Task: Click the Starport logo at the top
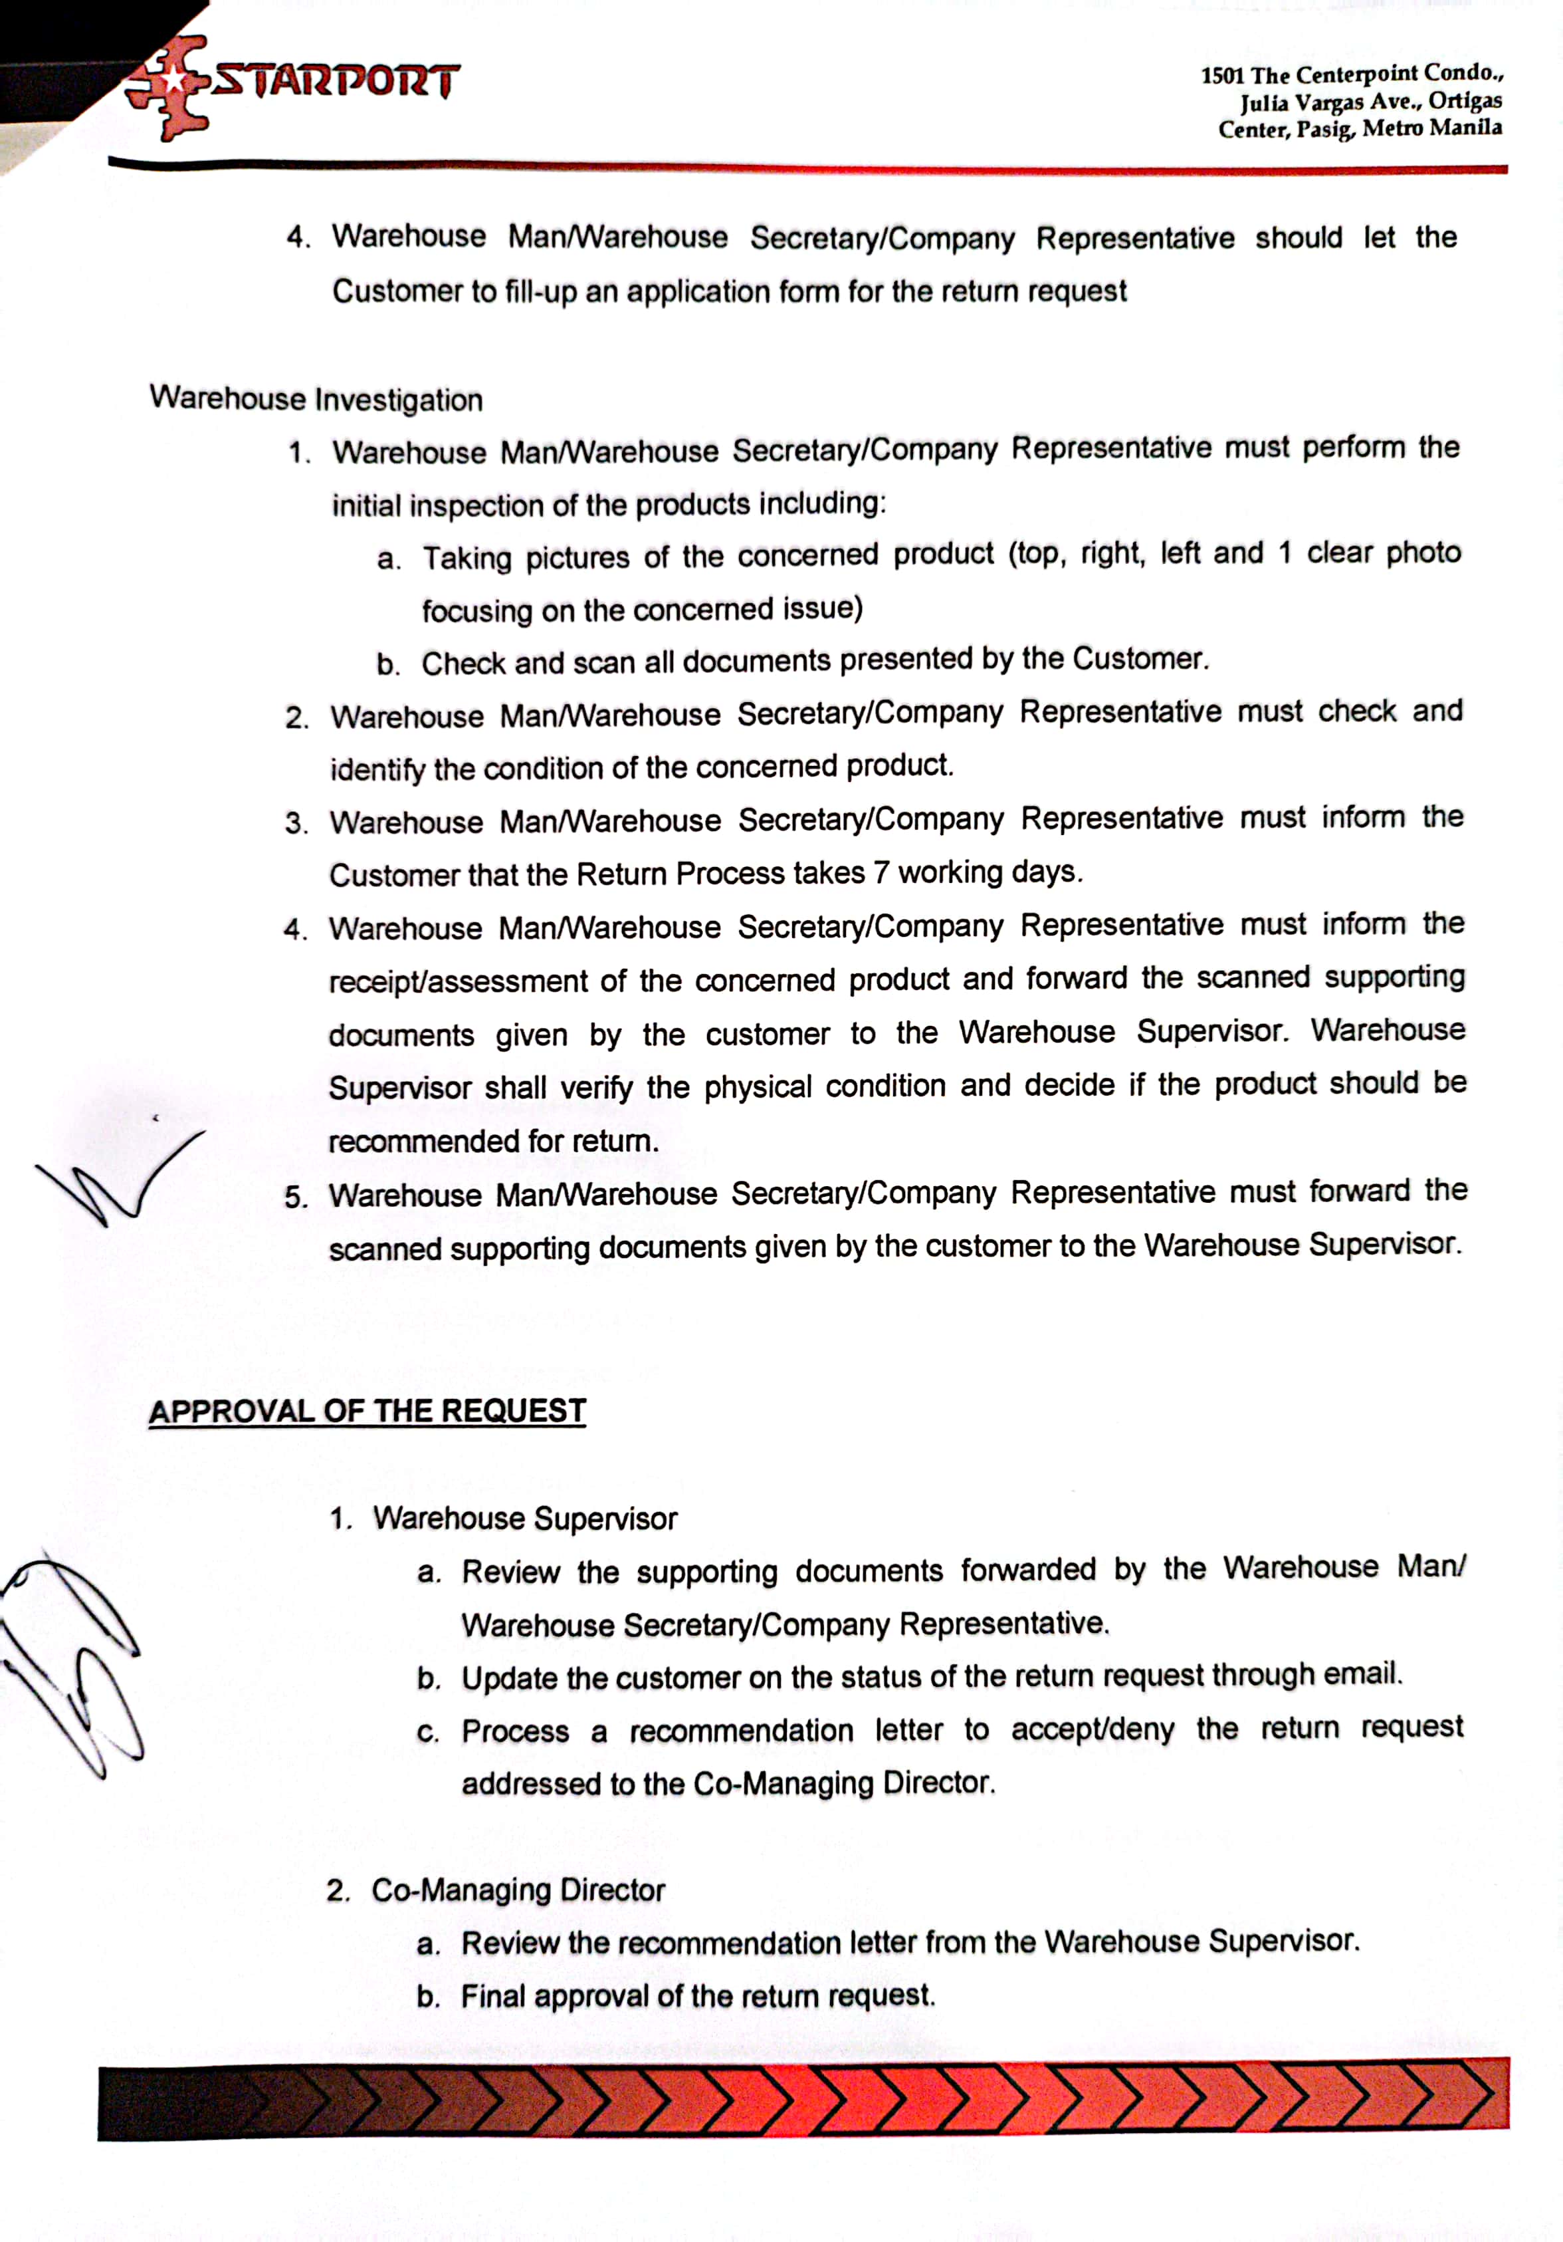tap(293, 86)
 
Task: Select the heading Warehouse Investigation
tap(316, 400)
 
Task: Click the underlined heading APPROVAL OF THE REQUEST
tap(367, 1411)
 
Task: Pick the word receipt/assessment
tap(458, 981)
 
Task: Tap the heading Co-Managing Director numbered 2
tap(518, 1890)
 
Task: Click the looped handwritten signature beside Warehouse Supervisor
tap(73, 1660)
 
